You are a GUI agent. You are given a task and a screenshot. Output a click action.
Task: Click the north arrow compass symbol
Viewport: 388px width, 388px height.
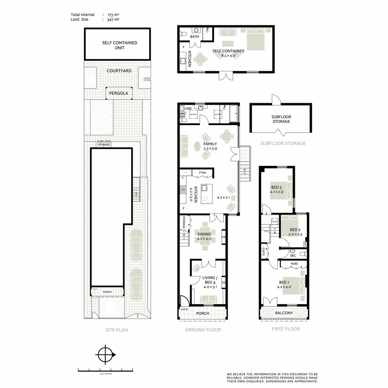pyautogui.click(x=105, y=355)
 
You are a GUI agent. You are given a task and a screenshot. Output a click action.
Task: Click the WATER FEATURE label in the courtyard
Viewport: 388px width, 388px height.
pyautogui.click(x=147, y=79)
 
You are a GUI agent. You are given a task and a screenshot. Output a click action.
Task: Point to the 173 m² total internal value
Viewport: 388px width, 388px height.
pyautogui.click(x=113, y=15)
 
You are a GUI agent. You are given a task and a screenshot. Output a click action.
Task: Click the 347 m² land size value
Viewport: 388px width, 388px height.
pyautogui.click(x=113, y=20)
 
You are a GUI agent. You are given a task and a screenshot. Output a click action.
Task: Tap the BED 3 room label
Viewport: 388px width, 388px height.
pyautogui.click(x=276, y=187)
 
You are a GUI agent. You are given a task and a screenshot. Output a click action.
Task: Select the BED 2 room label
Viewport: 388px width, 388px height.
pyautogui.click(x=295, y=230)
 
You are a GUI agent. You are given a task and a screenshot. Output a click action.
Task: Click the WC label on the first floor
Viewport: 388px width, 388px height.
pyautogui.click(x=293, y=255)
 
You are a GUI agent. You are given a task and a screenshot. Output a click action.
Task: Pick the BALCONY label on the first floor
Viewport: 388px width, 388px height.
pyautogui.click(x=284, y=313)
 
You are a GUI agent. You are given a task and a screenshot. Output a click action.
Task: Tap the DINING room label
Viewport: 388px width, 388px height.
pyautogui.click(x=204, y=234)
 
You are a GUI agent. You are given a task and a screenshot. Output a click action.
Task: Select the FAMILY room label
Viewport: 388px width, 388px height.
pyautogui.click(x=210, y=144)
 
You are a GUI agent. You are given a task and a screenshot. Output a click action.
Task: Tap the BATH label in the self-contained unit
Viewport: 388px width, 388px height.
pyautogui.click(x=194, y=37)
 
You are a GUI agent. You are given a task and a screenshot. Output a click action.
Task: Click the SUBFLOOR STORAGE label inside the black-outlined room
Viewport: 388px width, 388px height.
pyautogui.click(x=281, y=119)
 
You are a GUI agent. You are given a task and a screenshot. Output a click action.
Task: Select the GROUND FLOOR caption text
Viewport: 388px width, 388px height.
pyautogui.click(x=203, y=330)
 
